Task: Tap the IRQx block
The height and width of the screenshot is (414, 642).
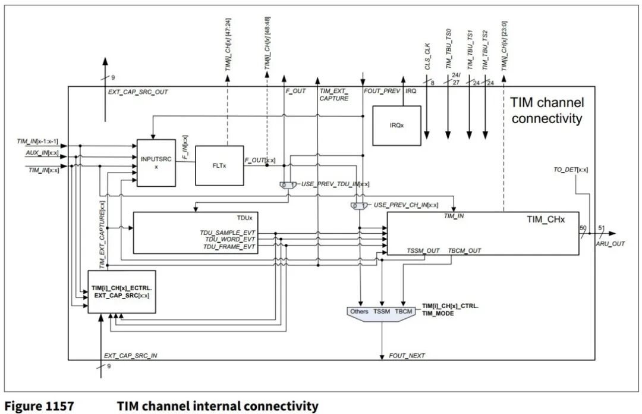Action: (396, 126)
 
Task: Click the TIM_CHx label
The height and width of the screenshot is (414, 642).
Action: (546, 219)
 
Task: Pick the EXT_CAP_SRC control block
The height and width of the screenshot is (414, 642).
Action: (122, 291)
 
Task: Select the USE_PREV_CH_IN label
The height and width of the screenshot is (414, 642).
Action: (406, 205)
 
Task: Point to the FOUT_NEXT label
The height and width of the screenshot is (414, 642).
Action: (407, 356)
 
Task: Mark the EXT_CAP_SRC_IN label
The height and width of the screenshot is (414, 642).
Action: (131, 356)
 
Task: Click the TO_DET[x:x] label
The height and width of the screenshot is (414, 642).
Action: (567, 170)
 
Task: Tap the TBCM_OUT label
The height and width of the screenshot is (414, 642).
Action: (464, 250)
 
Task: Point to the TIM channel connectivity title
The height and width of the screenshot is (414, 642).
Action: (547, 111)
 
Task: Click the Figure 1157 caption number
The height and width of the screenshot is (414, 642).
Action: (39, 406)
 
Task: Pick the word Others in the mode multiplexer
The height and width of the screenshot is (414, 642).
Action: (360, 311)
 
